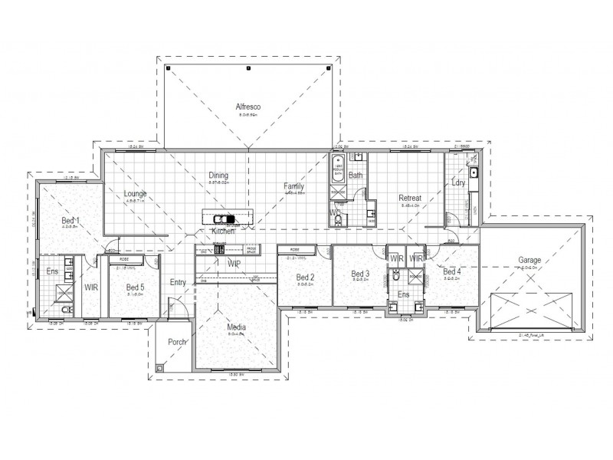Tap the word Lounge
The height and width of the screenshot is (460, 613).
click(135, 194)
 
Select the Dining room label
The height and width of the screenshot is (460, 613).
click(218, 176)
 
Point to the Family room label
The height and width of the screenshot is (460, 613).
click(293, 186)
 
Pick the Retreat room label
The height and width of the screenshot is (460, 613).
click(410, 199)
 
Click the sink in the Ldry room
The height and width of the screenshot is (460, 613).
click(474, 172)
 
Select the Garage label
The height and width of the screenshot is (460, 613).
click(529, 261)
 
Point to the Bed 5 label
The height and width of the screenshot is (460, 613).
click(136, 287)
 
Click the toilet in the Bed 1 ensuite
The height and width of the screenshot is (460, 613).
click(66, 310)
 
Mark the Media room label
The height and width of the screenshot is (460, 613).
click(236, 328)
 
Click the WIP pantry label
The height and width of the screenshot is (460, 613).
click(234, 263)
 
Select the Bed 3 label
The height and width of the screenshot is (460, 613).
click(360, 274)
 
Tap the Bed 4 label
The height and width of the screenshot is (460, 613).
click(451, 271)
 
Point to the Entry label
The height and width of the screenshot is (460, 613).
click(178, 282)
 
